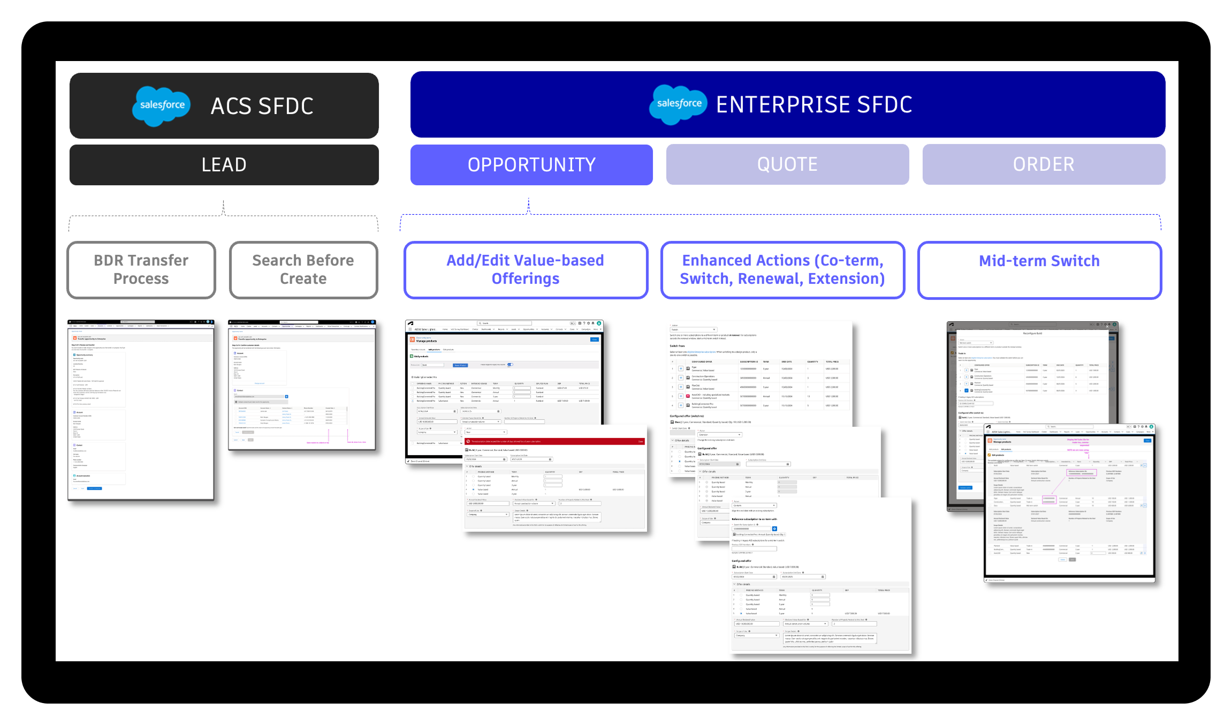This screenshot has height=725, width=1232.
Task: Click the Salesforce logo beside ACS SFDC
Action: [x=161, y=106]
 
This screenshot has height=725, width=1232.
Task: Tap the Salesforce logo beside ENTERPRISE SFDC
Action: [x=678, y=104]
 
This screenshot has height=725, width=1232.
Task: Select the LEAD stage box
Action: [x=224, y=165]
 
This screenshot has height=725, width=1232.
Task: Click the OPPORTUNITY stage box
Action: [x=531, y=165]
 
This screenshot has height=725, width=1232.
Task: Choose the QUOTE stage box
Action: [x=787, y=164]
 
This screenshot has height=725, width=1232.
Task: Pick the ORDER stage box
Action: [x=1044, y=164]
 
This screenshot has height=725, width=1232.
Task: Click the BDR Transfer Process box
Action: [x=141, y=269]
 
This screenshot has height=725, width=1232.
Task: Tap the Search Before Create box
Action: [x=303, y=269]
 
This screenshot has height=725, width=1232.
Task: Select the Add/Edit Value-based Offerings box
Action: [x=526, y=269]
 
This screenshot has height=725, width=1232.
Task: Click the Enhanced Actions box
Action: [x=782, y=269]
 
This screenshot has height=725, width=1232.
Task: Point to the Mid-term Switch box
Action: [x=1039, y=269]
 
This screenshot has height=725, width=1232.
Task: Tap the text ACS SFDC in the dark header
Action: [x=262, y=107]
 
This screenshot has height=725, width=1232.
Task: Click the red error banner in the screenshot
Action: [x=555, y=441]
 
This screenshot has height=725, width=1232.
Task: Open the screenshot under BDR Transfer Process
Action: [x=141, y=410]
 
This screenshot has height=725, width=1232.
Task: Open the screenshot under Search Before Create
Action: [x=302, y=385]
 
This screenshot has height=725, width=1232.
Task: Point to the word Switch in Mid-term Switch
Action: [x=1075, y=261]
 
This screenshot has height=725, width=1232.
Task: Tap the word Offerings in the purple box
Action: [x=526, y=279]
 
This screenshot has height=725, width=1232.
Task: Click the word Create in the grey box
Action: [x=303, y=279]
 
